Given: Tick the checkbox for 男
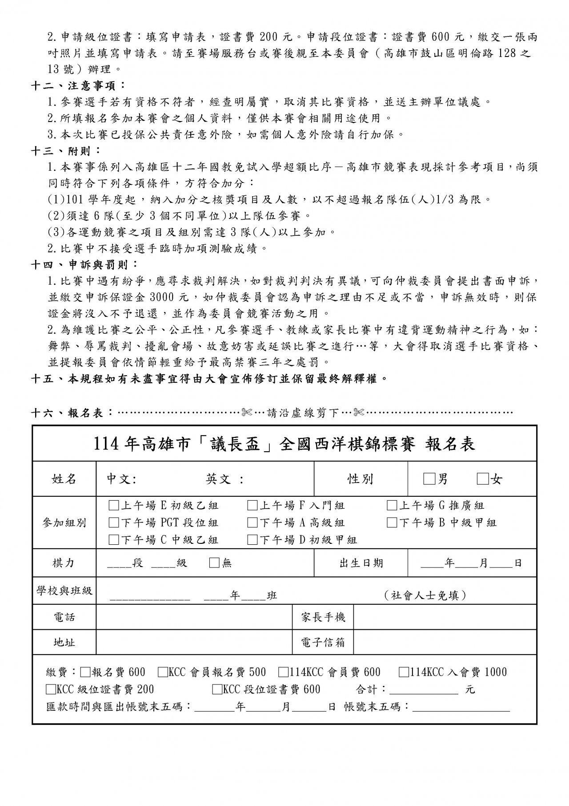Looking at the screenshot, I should coord(429,479).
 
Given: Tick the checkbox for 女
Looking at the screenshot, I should coord(482,479).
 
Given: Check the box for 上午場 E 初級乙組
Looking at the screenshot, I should coord(114,506).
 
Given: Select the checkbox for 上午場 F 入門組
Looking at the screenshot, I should coord(252,506).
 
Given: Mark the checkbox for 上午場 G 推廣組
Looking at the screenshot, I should coord(392,506).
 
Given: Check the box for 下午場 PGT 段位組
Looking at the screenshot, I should coord(114,522).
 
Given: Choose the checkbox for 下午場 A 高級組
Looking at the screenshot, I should coord(252,522).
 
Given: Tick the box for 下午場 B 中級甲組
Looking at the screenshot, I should coord(392,522).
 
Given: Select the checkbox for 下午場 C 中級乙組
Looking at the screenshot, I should coord(114,540).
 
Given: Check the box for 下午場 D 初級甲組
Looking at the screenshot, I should coord(252,540).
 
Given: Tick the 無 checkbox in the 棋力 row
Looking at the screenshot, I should coord(214,563).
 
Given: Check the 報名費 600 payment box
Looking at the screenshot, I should coord(86,672).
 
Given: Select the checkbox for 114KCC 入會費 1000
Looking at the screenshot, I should coord(404,672).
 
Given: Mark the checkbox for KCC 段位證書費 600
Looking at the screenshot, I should coord(217,689).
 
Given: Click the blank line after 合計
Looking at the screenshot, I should coord(424,690).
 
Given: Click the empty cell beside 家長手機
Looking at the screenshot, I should coord(445,617).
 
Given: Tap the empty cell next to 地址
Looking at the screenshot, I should coord(194,642).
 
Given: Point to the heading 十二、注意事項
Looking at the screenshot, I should coord(78,85).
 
